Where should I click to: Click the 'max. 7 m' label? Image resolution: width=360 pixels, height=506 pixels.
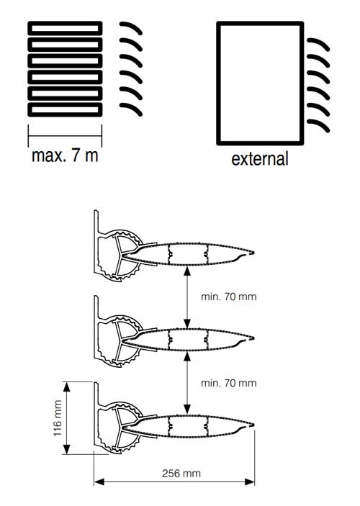pos(65,156)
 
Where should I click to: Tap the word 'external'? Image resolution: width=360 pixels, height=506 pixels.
pos(260,159)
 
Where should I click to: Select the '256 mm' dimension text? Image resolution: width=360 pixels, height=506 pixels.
pos(181,474)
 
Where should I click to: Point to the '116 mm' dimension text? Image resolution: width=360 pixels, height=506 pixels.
pos(58,418)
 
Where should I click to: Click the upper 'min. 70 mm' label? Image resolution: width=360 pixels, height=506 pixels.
pos(228,297)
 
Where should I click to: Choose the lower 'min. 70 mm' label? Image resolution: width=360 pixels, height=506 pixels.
pos(228,383)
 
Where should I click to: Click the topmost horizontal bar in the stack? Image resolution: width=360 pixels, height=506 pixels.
pos(65,28)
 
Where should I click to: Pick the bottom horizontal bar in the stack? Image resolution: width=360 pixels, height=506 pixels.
pos(65,109)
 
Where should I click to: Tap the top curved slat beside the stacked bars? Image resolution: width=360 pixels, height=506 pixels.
pos(131,28)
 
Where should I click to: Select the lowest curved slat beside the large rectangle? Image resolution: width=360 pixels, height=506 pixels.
pos(318,125)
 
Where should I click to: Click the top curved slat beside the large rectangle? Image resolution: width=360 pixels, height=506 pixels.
pos(318,44)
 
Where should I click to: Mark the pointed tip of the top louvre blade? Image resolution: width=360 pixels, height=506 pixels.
pos(253,253)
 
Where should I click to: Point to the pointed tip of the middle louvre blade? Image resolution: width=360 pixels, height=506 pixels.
pos(253,338)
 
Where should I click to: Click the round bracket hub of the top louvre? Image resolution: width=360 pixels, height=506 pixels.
pos(122,255)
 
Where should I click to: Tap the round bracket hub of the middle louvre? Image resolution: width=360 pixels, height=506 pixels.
pos(122,340)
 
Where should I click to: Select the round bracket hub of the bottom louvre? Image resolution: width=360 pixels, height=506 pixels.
pos(122,427)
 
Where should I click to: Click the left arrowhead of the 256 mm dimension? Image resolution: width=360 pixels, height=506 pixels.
pos(99,482)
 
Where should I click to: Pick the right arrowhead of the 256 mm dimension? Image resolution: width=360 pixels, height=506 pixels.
pos(250,482)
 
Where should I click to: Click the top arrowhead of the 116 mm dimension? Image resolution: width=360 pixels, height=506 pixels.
pos(66,387)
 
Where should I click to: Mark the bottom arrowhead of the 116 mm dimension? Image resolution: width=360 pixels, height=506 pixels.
pos(66,449)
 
